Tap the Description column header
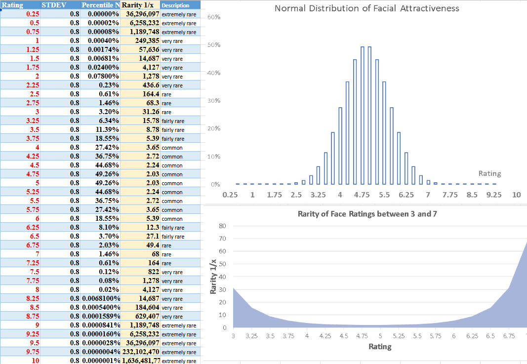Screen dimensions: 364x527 click(176, 5)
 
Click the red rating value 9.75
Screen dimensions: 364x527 click(31, 352)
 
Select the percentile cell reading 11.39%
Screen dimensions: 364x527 click(108, 130)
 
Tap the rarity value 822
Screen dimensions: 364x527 click(154, 272)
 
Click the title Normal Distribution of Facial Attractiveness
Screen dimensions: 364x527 click(366, 8)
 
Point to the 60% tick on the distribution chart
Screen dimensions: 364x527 click(213, 17)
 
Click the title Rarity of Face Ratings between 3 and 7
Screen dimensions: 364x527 click(367, 214)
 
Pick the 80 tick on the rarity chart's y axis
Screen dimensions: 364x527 click(222, 226)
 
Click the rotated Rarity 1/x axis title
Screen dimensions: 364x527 click(213, 276)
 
